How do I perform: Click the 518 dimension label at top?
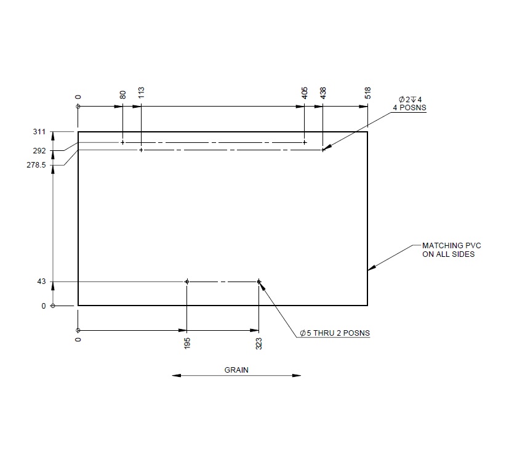tap(368, 93)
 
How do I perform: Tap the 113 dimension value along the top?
tap(141, 93)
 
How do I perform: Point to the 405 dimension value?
tap(305, 93)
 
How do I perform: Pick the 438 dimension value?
tap(323, 93)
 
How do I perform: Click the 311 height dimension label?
tap(40, 131)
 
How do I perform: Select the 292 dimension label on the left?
tap(40, 151)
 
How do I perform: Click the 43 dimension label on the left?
tap(42, 282)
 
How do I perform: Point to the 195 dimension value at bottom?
tap(187, 343)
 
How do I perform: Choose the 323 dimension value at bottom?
tap(259, 343)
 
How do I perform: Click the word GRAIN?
tap(236, 370)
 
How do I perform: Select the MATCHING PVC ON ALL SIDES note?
tap(448, 249)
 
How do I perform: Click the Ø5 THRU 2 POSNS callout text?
tap(335, 333)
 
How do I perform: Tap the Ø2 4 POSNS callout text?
tap(410, 103)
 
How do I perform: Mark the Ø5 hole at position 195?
tap(187, 282)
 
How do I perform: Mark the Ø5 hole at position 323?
tap(259, 282)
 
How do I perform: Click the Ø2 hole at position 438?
tap(323, 150)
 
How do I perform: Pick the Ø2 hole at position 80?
tap(122, 142)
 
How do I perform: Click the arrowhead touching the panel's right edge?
tap(371, 268)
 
